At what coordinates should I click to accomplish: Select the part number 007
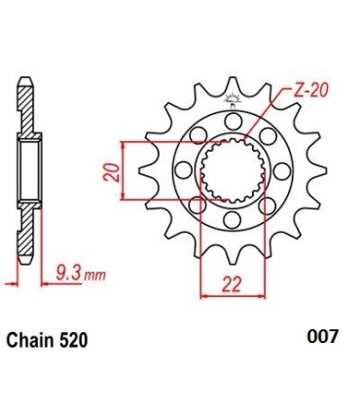[323, 337]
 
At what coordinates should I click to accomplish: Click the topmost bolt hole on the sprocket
[234, 121]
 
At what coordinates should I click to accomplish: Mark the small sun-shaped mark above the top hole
[234, 98]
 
